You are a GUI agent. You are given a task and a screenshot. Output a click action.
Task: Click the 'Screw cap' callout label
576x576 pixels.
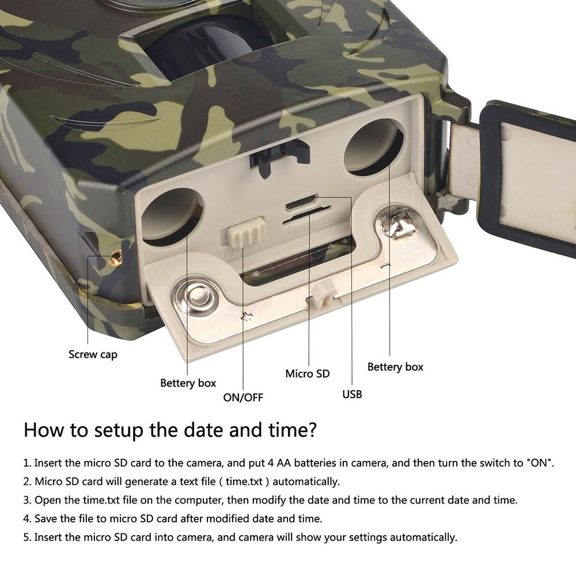click(x=93, y=354)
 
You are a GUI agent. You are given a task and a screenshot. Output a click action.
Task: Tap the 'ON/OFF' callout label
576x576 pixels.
click(x=243, y=397)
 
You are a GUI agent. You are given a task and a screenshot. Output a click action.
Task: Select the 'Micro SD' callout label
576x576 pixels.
click(x=308, y=374)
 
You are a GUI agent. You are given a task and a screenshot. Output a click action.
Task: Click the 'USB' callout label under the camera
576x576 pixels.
click(x=352, y=394)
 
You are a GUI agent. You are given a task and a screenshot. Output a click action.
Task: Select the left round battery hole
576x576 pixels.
click(x=172, y=217)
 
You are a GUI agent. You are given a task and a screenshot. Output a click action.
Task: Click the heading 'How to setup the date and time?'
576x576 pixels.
click(x=170, y=430)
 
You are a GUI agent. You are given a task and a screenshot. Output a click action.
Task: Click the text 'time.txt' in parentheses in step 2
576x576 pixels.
click(x=244, y=481)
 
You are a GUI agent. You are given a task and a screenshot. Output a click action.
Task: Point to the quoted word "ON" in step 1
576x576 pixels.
click(x=540, y=463)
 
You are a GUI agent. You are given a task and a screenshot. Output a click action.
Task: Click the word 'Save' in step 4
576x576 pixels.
click(x=46, y=519)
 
